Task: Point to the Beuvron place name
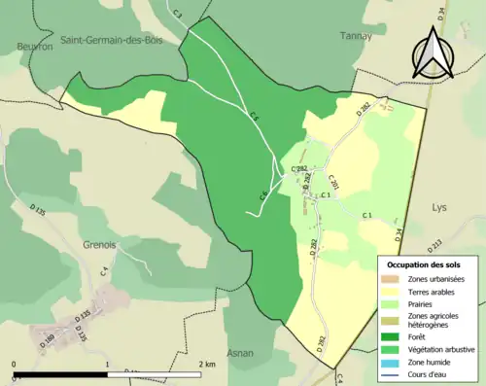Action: click(34, 46)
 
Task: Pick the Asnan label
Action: click(240, 353)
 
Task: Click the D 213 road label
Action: click(435, 244)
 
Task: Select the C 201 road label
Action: click(334, 180)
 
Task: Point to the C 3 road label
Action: click(177, 14)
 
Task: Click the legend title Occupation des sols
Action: click(425, 264)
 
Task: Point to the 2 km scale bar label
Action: click(207, 364)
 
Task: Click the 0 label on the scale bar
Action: click(15, 364)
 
